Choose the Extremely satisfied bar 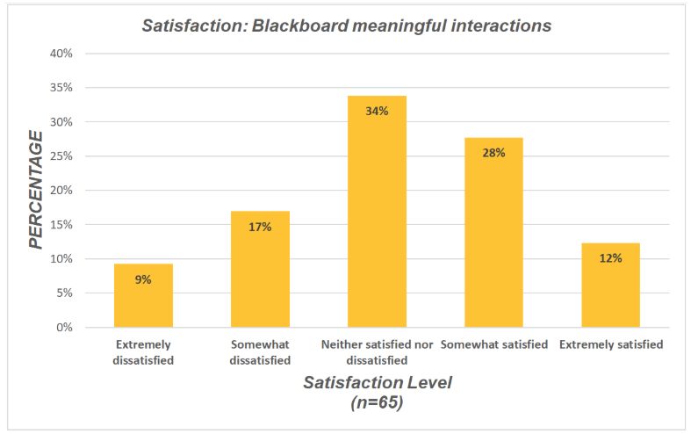(x=610, y=285)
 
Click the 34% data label (x=378, y=111)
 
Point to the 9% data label (x=143, y=279)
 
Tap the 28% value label (x=493, y=152)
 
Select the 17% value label (x=260, y=227)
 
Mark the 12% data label (x=610, y=258)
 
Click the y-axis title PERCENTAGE (x=36, y=189)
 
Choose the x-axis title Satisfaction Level (x=377, y=384)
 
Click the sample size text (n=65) (x=377, y=403)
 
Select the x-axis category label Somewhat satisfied (x=493, y=344)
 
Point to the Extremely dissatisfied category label (x=143, y=351)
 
